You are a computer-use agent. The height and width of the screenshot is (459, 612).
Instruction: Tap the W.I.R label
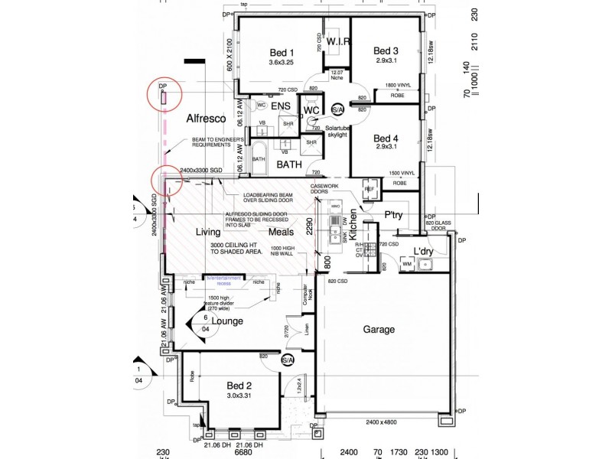point(337,41)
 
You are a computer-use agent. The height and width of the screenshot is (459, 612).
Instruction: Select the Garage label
point(379,330)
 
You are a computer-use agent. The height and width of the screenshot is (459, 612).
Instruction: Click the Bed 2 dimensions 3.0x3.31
point(239,396)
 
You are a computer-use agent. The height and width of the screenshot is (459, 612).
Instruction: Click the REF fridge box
point(369,189)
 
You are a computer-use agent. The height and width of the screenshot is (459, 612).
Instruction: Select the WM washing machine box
point(406,264)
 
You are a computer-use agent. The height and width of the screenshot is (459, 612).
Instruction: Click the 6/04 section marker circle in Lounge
point(206,322)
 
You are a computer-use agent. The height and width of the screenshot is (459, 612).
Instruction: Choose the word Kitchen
point(353,226)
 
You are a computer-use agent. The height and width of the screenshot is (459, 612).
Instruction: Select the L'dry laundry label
point(424,251)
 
